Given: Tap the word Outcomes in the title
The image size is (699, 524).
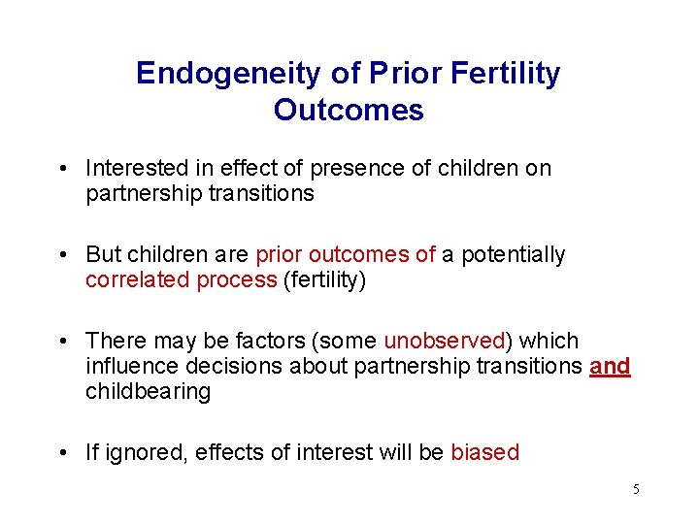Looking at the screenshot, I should pyautogui.click(x=349, y=110).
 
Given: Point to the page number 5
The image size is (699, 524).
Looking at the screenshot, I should pyautogui.click(x=636, y=489).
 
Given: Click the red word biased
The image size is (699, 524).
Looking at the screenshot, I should pyautogui.click(x=484, y=452).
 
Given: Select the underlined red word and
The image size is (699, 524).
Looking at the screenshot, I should pyautogui.click(x=610, y=366).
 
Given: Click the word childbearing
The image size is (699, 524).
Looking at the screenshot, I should pyautogui.click(x=148, y=391).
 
